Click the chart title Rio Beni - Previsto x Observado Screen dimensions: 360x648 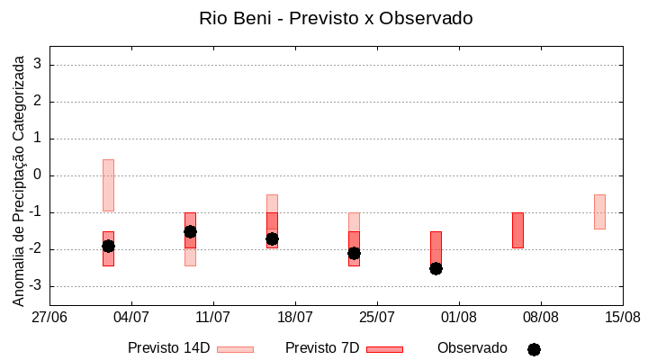click(336, 18)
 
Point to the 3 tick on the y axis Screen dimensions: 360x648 click(38, 65)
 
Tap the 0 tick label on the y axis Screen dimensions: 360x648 click(38, 175)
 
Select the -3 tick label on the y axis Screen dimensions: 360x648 click(34, 286)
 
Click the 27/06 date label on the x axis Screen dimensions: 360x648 click(49, 318)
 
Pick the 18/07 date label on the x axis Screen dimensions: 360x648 click(295, 318)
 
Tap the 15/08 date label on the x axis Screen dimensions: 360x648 click(622, 318)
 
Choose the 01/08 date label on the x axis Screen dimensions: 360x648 click(459, 318)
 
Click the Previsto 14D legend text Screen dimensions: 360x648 click(168, 348)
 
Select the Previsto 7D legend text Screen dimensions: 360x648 click(321, 348)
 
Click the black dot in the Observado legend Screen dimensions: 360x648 click(534, 349)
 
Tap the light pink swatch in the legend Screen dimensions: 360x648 click(235, 349)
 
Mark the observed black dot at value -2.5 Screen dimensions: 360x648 click(436, 268)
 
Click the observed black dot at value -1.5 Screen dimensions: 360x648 click(190, 231)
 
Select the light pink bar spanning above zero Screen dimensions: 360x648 click(108, 184)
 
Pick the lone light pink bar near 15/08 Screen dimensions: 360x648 click(599, 211)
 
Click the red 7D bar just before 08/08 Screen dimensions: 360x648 click(517, 229)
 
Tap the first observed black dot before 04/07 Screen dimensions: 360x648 click(108, 246)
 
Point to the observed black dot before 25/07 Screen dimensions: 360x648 click(354, 253)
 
